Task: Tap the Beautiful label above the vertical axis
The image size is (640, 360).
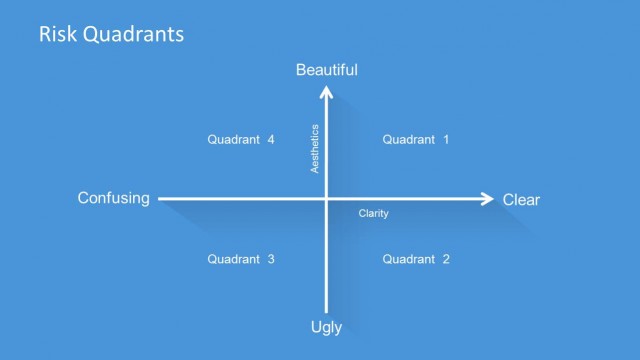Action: [327, 70]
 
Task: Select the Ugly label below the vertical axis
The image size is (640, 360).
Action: [327, 326]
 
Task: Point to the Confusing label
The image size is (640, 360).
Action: [113, 198]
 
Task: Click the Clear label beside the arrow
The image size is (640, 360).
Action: [521, 200]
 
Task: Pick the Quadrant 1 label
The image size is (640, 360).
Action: [416, 140]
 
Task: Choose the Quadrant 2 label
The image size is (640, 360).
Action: [416, 259]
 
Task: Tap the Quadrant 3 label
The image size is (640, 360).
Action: [241, 259]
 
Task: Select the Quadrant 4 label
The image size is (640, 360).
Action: [241, 140]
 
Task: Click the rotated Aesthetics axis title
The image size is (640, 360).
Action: [315, 149]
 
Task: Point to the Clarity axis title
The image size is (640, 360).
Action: [374, 214]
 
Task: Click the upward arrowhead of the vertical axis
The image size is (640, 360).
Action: [327, 93]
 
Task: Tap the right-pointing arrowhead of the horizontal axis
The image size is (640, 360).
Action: [487, 199]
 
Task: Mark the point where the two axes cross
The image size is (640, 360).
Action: [327, 199]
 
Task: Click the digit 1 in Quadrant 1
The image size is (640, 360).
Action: [445, 140]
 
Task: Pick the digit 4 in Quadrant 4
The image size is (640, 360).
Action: [270, 140]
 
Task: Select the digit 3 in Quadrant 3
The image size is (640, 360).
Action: [270, 259]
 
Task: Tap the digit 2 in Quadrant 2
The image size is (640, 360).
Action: [445, 259]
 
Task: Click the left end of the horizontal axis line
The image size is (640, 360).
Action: [160, 199]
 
